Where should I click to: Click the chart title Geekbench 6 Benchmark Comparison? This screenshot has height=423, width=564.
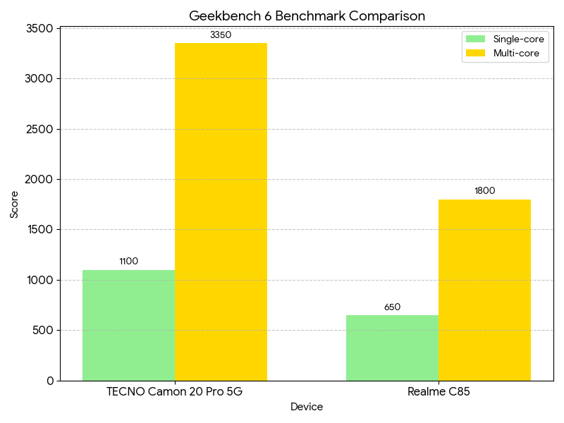tap(307, 16)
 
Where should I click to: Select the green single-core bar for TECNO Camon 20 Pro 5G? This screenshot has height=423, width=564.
tap(128, 325)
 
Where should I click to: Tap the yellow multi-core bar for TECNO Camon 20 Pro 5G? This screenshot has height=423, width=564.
tap(221, 211)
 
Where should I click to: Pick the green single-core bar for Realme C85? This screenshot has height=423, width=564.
tap(392, 348)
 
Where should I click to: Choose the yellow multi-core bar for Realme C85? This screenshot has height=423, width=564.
tap(484, 290)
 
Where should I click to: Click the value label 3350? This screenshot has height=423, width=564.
tap(221, 35)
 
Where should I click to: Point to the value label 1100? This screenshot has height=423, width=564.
tap(128, 261)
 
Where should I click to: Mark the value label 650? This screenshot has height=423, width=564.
tap(392, 307)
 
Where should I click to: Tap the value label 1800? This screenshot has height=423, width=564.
tap(484, 190)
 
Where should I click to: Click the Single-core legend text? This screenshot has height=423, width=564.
tap(517, 39)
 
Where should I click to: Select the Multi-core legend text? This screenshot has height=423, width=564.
tap(515, 53)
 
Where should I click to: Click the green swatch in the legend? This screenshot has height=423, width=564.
tap(476, 39)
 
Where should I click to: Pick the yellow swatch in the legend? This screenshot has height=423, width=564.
tap(476, 53)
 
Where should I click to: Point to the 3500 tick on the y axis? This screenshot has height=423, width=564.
tap(41, 28)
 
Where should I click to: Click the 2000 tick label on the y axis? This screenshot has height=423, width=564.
tap(41, 179)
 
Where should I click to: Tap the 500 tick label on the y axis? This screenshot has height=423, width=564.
tap(44, 330)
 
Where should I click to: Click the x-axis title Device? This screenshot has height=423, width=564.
tap(307, 407)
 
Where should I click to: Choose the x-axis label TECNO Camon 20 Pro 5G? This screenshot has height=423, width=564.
tap(174, 392)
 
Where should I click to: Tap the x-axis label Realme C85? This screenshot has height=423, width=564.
tap(439, 392)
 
